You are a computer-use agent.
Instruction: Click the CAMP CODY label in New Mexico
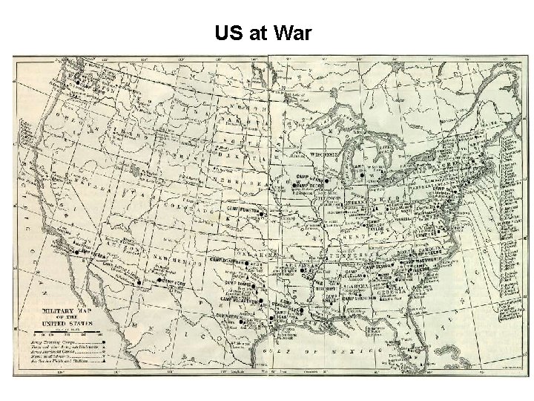[x=172, y=281]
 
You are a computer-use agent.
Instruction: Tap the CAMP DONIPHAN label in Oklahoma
[x=230, y=261]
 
